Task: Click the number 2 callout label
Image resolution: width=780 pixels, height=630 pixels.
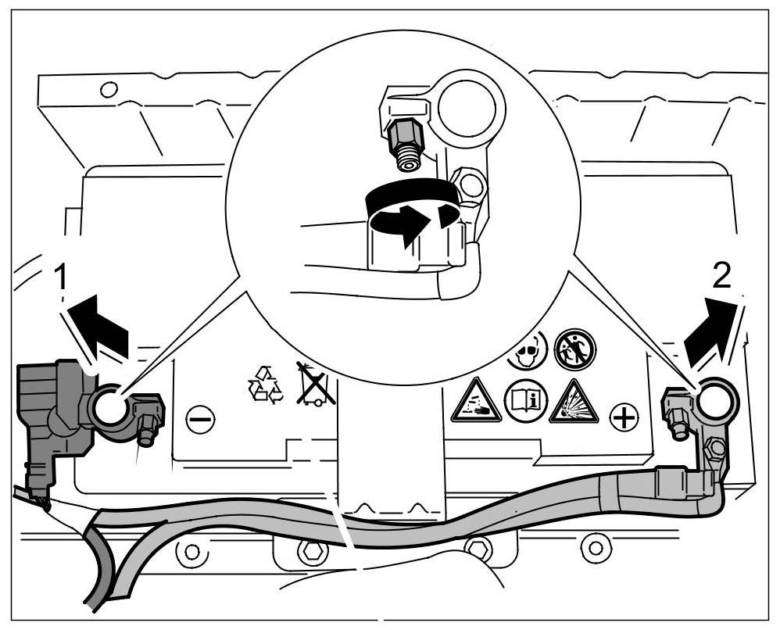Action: click(x=723, y=274)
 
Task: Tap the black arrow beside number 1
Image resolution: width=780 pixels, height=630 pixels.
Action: click(x=99, y=324)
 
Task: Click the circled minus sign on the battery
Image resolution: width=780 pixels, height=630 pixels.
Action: click(x=199, y=420)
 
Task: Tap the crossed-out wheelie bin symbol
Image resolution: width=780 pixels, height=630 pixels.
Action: click(x=316, y=384)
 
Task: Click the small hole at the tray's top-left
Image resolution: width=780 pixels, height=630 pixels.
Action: click(x=109, y=88)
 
